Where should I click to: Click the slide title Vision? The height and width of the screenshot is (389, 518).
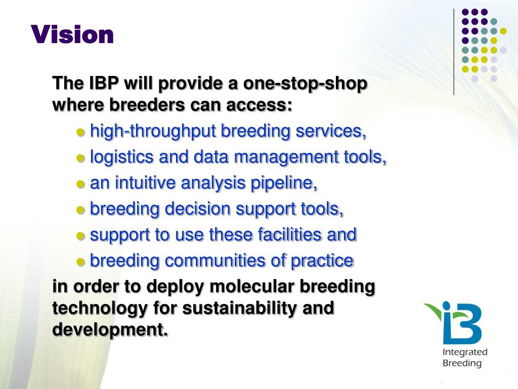72,34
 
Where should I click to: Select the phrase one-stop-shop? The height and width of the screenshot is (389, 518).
305,84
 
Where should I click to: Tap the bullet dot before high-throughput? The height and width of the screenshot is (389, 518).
81,132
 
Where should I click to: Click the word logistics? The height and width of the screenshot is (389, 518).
121,157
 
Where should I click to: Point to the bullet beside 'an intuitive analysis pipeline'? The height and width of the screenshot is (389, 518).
81,184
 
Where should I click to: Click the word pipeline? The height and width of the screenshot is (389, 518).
284,183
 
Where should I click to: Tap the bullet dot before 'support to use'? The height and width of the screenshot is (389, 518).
81,236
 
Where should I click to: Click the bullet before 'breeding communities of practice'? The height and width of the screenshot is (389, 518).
81,262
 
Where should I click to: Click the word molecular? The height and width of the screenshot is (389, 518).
251,286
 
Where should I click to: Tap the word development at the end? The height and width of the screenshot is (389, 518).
110,330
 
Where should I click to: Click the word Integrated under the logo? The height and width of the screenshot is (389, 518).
465,353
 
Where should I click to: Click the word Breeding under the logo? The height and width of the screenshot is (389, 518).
462,363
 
